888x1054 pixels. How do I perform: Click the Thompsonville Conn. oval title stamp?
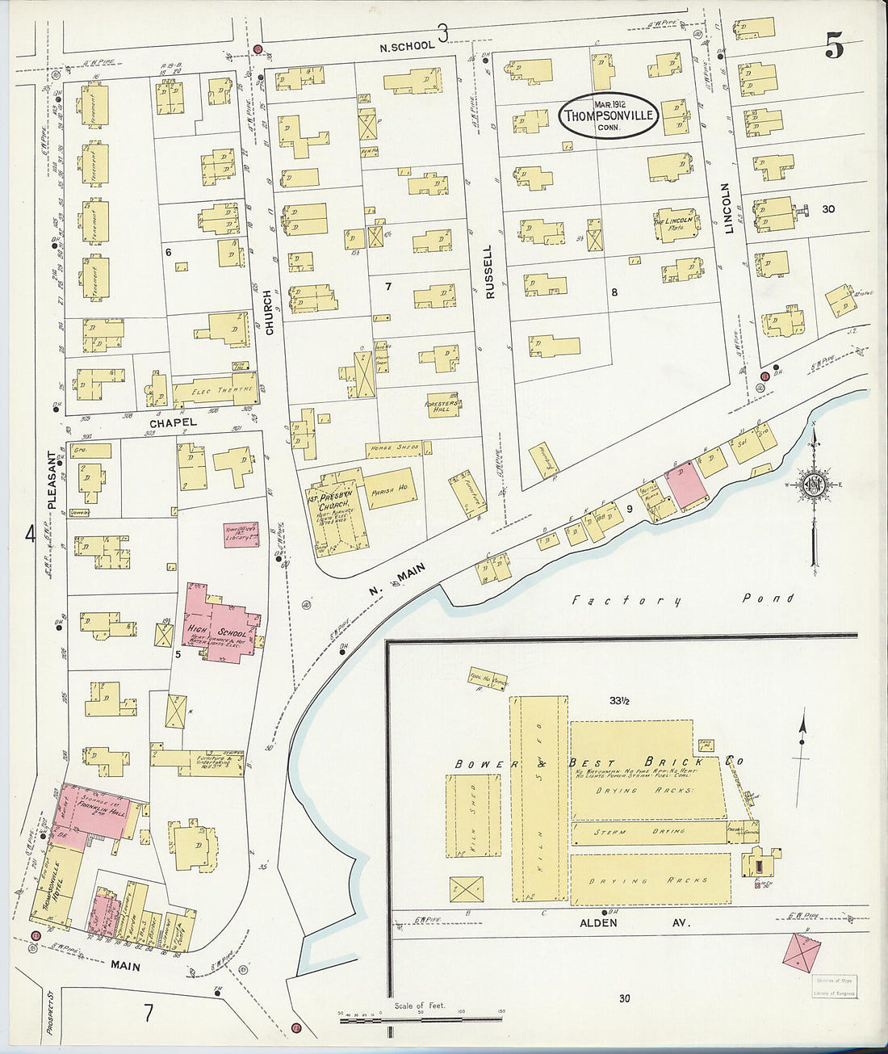point(609,115)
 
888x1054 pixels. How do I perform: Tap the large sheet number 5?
point(834,48)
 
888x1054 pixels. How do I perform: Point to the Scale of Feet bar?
point(421,1019)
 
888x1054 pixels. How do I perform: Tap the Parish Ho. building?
point(391,488)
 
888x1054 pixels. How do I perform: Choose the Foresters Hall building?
point(442,405)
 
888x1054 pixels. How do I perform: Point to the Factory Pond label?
point(682,599)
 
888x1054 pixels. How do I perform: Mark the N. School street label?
point(407,47)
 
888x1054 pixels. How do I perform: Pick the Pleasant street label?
point(52,479)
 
